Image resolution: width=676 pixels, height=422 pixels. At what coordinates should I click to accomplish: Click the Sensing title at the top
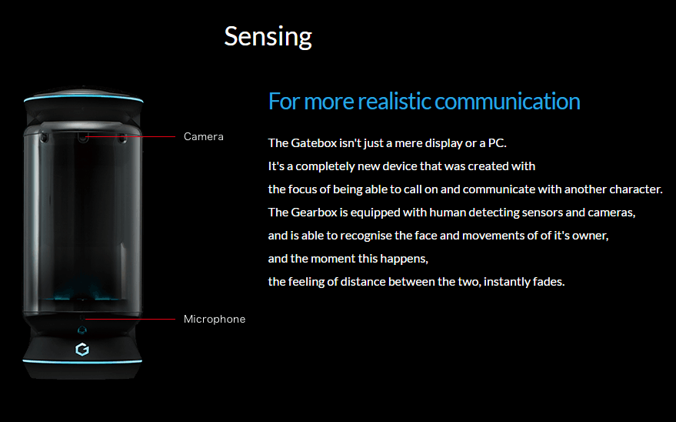click(x=268, y=36)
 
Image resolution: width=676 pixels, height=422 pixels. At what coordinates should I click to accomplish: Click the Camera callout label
click(x=204, y=136)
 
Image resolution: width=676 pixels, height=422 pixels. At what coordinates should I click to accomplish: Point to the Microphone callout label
click(x=215, y=319)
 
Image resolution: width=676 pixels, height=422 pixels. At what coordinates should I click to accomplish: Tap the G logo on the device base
click(x=82, y=350)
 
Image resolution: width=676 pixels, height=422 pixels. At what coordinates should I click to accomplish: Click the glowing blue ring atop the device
click(x=83, y=100)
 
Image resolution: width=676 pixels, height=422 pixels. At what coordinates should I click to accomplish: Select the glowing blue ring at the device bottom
click(x=83, y=360)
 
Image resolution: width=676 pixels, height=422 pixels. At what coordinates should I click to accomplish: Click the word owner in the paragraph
click(x=590, y=236)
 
